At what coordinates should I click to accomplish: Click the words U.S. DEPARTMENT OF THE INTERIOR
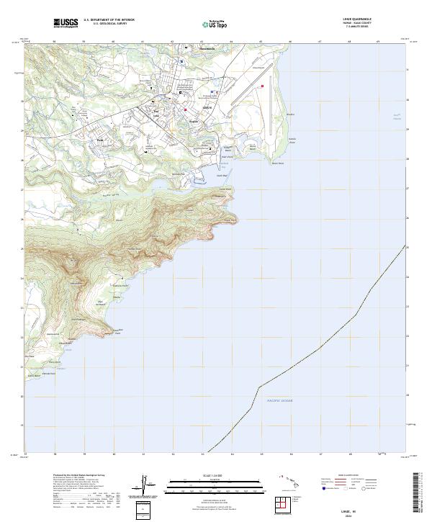click(109, 19)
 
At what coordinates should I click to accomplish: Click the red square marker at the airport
click(263, 86)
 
